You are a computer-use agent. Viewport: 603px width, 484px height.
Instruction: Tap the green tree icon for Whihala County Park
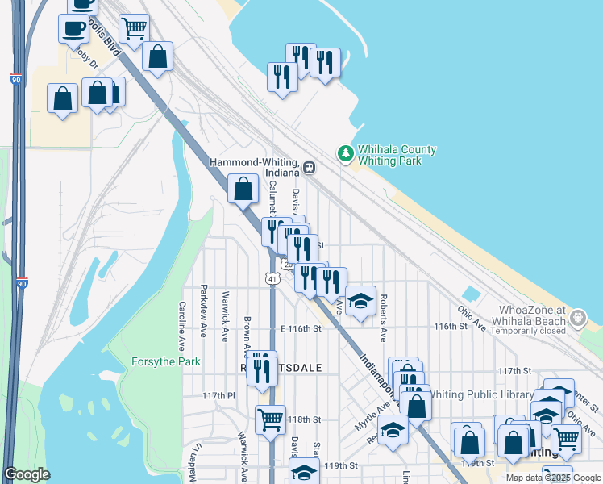[x=345, y=152]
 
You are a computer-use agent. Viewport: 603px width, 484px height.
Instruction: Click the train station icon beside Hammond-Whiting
[x=310, y=169]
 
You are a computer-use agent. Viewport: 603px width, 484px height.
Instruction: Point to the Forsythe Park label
[x=166, y=362]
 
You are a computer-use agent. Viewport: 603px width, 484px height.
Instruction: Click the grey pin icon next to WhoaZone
[x=578, y=319]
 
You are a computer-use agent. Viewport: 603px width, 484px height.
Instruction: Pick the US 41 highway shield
[x=273, y=279]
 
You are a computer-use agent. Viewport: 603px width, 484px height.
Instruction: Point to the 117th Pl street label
[x=218, y=396]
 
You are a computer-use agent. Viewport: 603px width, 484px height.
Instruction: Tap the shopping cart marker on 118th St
[x=269, y=419]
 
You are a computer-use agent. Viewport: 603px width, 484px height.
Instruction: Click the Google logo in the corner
[x=27, y=474]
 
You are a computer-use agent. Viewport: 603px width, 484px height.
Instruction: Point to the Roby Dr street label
[x=85, y=57]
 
